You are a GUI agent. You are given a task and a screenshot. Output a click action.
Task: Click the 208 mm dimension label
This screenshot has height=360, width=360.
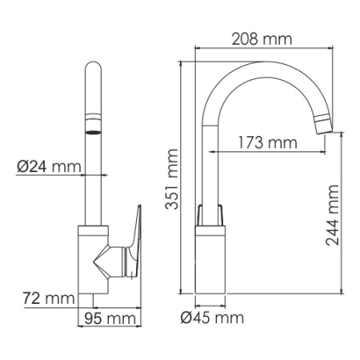coord(261,38)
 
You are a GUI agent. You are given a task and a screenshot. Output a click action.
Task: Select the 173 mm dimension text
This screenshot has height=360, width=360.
coord(266,143)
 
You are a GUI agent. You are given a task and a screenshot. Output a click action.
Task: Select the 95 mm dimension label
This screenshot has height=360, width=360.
coord(110,318)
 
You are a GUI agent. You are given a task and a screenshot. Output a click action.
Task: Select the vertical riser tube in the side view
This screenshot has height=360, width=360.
coord(211,168)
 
